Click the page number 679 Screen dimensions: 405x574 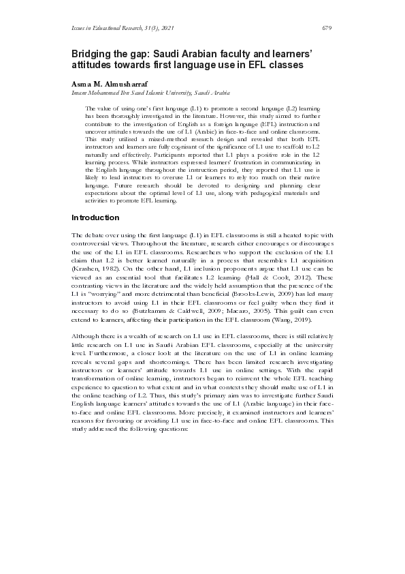(x=326, y=28)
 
